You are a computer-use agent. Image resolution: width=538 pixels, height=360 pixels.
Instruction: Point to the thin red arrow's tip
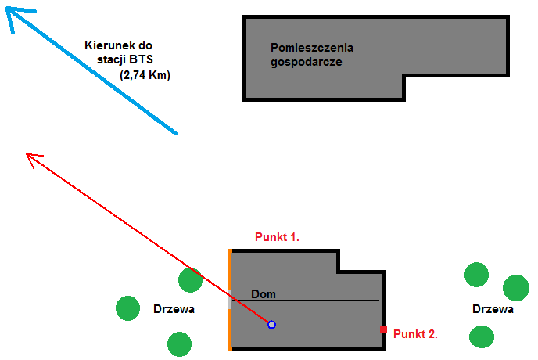(29, 155)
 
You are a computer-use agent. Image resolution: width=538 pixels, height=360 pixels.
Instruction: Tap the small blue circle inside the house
(271, 324)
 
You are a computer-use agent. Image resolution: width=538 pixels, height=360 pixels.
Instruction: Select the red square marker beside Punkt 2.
(383, 329)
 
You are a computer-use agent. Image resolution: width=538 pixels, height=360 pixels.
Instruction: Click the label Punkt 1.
(278, 236)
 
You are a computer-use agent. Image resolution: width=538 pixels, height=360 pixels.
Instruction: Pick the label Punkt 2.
(415, 333)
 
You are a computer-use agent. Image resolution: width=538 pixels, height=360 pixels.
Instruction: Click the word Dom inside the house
(264, 294)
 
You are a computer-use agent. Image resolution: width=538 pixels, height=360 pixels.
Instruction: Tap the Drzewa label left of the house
(174, 310)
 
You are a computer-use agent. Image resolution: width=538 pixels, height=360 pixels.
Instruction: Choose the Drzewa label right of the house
(493, 309)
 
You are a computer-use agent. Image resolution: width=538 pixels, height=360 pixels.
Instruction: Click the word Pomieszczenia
(312, 48)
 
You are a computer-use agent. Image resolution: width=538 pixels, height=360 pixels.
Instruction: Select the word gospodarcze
(307, 61)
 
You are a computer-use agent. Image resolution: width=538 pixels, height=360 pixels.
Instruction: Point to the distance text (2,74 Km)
(145, 75)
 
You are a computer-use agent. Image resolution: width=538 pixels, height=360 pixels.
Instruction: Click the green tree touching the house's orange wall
(190, 280)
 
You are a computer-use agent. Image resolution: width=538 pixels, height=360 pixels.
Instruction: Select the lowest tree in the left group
(179, 344)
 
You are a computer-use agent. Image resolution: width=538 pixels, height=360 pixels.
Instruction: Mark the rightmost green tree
(515, 287)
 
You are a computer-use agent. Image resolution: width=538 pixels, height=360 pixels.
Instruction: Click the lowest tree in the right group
(482, 337)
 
